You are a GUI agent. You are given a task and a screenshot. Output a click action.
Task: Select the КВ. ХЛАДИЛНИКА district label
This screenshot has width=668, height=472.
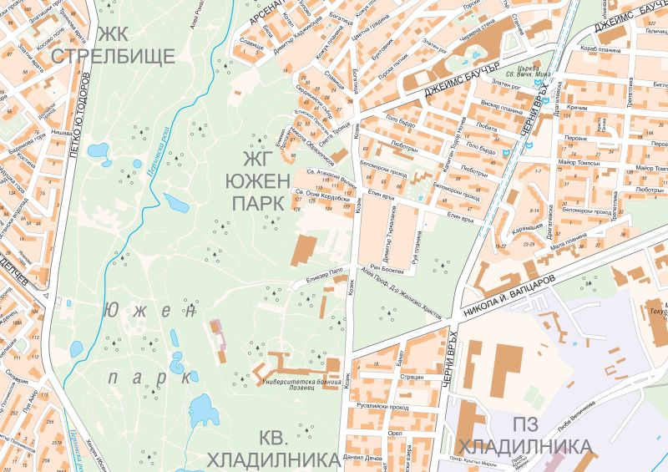click(x=273, y=448)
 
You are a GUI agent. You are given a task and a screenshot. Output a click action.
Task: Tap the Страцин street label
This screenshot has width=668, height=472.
click(x=410, y=377)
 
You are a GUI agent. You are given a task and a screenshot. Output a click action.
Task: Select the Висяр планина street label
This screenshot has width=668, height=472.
click(x=498, y=108)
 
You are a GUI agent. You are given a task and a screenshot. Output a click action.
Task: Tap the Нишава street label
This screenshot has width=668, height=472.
click(x=58, y=131)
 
